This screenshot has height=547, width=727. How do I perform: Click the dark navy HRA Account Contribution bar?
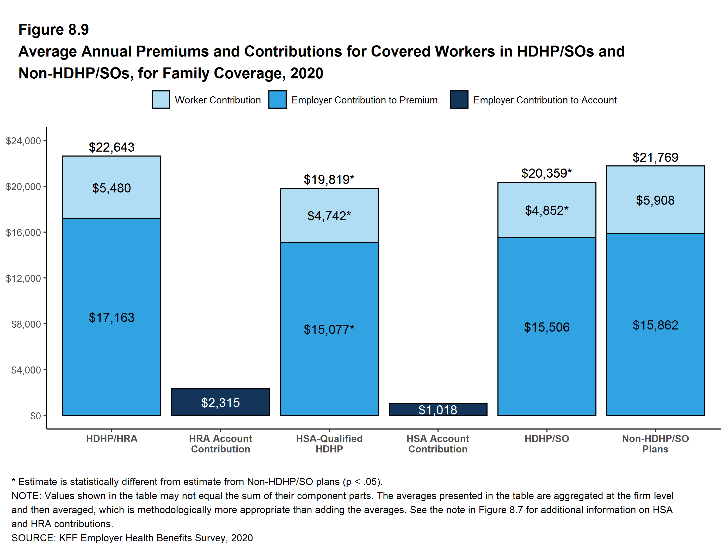pyautogui.click(x=220, y=402)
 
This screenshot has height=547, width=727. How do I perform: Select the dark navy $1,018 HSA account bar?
pyautogui.click(x=438, y=409)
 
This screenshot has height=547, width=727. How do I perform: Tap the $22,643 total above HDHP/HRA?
pyautogui.click(x=112, y=147)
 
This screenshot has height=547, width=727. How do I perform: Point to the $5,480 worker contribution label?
pyautogui.click(x=112, y=188)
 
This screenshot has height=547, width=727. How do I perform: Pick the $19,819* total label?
pyautogui.click(x=329, y=179)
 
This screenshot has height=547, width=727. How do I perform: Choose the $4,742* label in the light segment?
pyautogui.click(x=329, y=216)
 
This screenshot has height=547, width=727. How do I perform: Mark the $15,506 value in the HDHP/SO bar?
pyautogui.click(x=547, y=327)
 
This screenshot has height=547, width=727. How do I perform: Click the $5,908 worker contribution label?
pyautogui.click(x=655, y=200)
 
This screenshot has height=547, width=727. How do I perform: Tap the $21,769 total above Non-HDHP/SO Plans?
pyautogui.click(x=655, y=157)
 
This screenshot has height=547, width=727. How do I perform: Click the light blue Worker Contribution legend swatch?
pyautogui.click(x=161, y=100)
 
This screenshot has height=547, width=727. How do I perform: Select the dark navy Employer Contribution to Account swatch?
pyautogui.click(x=459, y=100)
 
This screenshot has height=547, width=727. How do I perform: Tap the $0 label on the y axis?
pyautogui.click(x=35, y=416)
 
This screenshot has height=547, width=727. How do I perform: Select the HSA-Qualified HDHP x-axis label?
pyautogui.click(x=329, y=444)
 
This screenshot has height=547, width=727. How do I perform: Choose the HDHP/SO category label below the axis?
pyautogui.click(x=547, y=439)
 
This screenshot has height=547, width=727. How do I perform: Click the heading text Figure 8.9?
pyautogui.click(x=54, y=30)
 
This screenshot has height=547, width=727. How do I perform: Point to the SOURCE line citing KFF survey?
pyautogui.click(x=132, y=538)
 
